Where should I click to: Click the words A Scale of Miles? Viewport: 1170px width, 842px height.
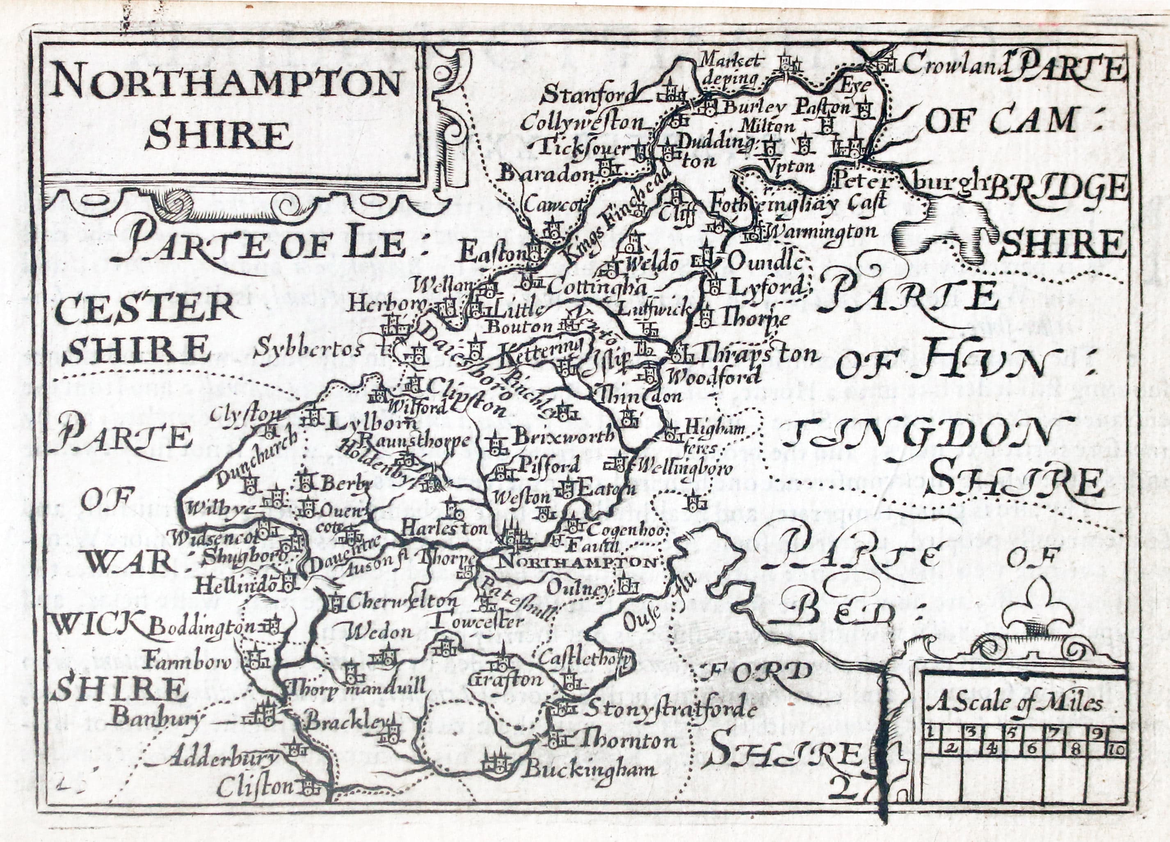point(1014,704)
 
